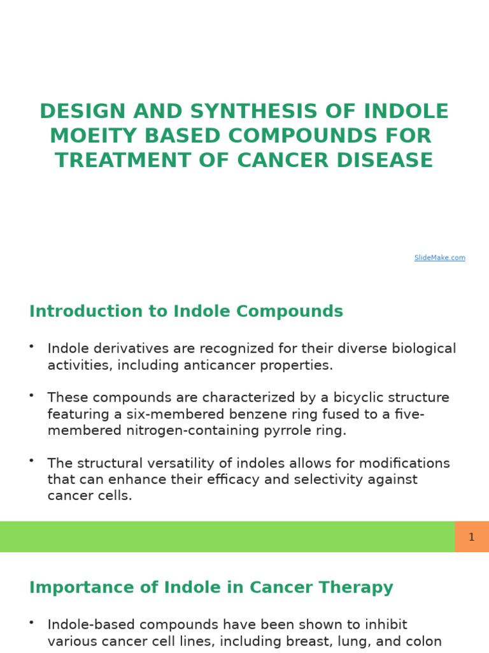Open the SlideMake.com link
(x=439, y=258)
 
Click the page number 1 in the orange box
(x=471, y=537)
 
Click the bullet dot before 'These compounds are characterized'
(x=31, y=395)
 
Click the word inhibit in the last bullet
(x=383, y=625)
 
